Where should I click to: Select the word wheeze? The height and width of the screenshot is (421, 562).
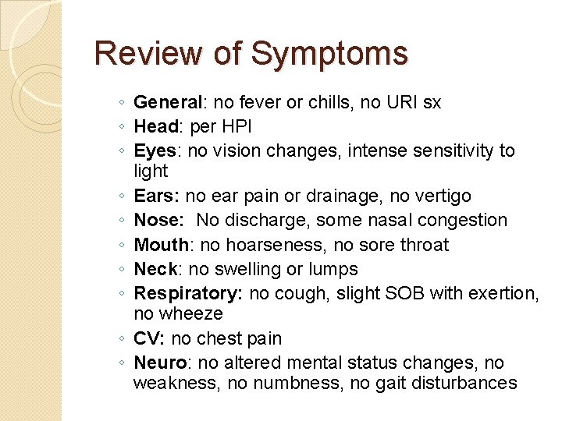pyautogui.click(x=191, y=314)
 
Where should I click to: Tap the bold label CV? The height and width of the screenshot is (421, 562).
pyautogui.click(x=148, y=339)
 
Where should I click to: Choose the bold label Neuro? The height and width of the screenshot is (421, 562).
pyautogui.click(x=159, y=363)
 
